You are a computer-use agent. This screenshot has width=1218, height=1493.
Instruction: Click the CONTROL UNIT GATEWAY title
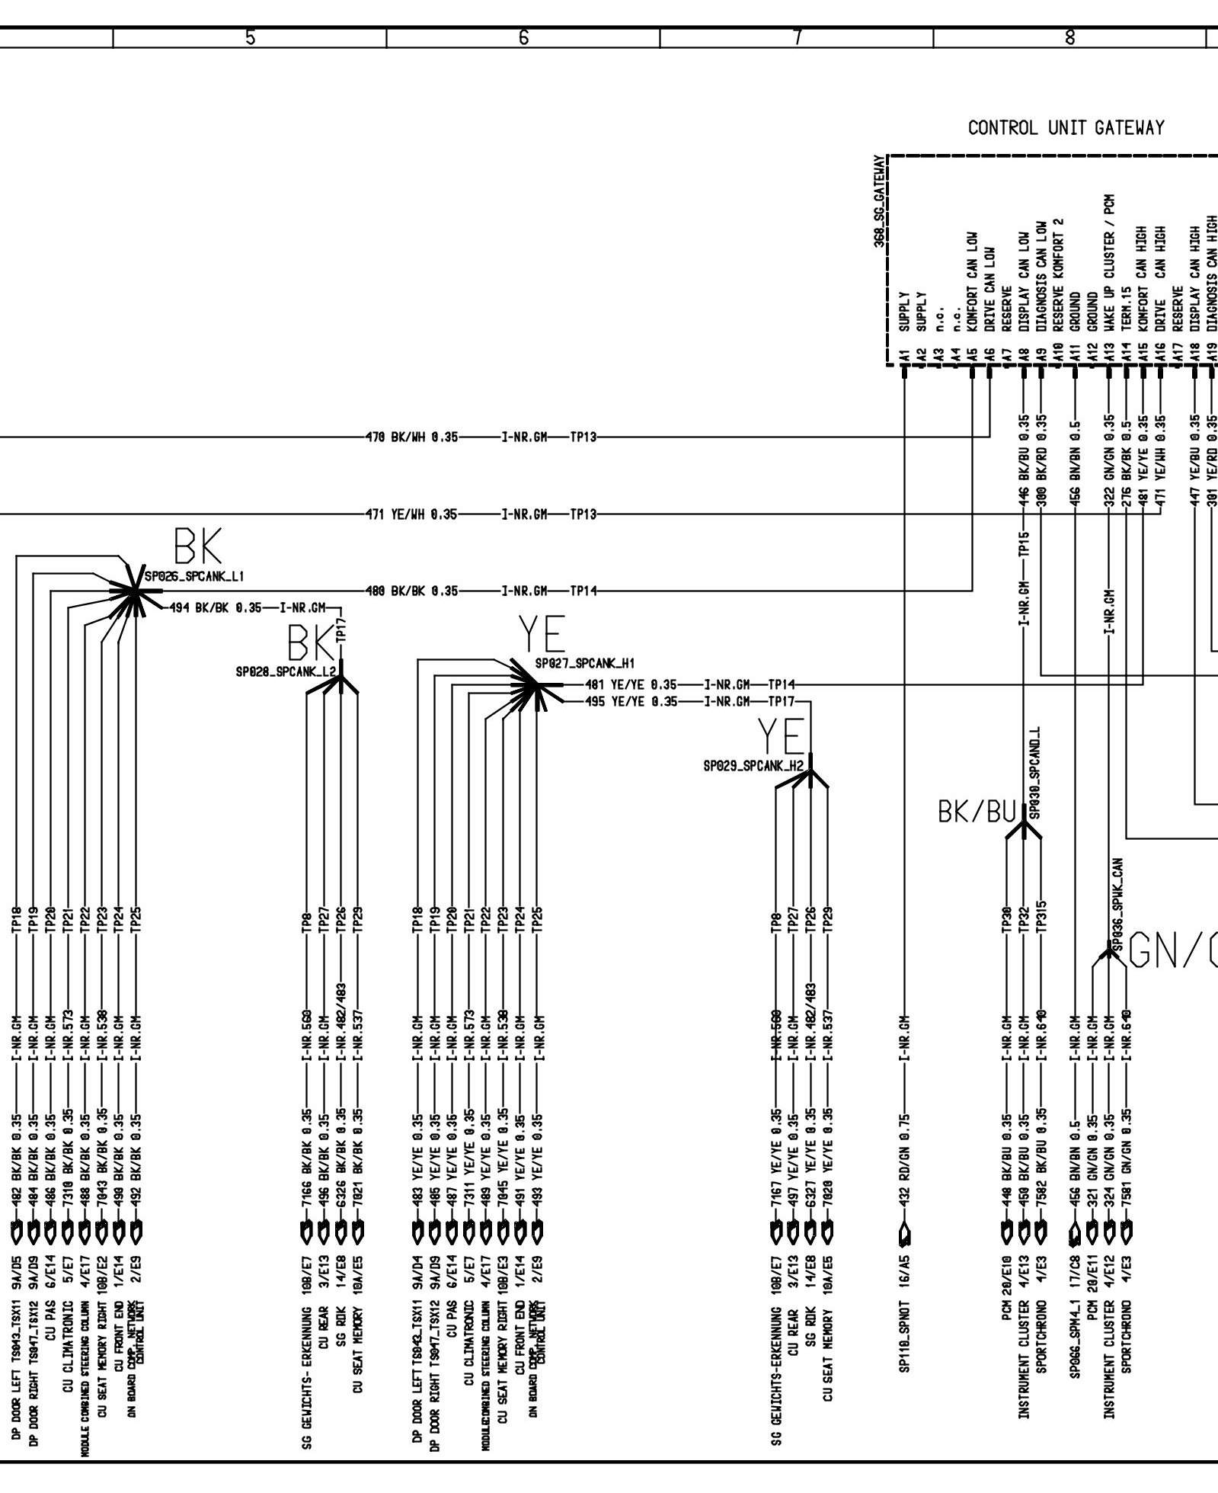(x=1066, y=128)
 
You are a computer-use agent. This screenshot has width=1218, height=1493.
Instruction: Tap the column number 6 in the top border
(x=523, y=37)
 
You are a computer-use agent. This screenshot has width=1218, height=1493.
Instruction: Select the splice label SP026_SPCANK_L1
(x=194, y=576)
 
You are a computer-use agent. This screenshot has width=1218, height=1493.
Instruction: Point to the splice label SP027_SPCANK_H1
(x=584, y=664)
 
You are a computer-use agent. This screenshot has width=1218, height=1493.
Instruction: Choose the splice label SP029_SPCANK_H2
(x=753, y=766)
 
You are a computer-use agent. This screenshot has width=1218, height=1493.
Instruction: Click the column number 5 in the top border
(x=250, y=37)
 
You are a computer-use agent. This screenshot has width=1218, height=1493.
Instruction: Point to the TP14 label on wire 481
(x=782, y=684)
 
